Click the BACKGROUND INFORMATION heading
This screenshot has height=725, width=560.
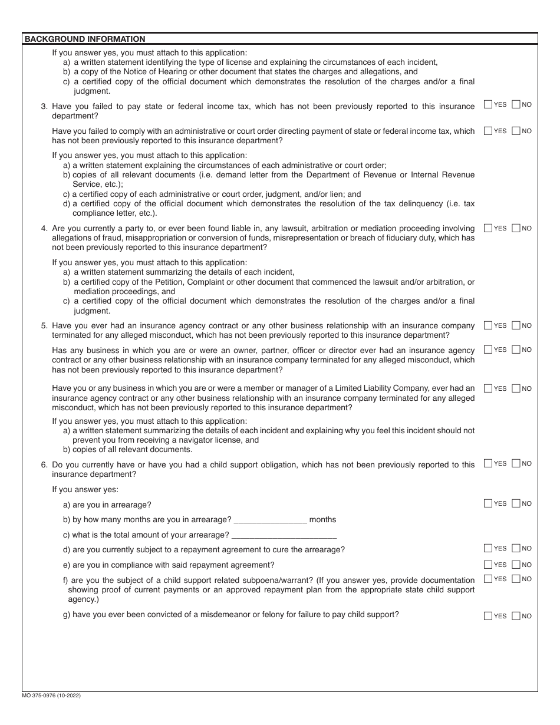click(x=84, y=39)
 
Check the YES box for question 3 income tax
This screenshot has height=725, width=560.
click(x=488, y=104)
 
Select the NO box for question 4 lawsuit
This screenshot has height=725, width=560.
click(x=516, y=228)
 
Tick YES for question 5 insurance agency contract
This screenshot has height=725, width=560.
click(x=488, y=325)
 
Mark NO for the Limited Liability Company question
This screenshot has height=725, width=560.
click(x=516, y=388)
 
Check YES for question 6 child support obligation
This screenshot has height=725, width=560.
click(x=488, y=463)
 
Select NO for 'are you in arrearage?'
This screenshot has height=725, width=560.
click(x=516, y=503)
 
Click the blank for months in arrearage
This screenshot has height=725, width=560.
click(x=270, y=519)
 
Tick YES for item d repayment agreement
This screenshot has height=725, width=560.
click(x=488, y=548)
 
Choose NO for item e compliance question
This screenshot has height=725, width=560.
click(x=516, y=565)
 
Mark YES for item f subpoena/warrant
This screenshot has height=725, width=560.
click(x=488, y=579)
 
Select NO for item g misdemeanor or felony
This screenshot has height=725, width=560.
click(x=516, y=616)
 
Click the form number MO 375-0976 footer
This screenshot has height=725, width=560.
click(x=52, y=696)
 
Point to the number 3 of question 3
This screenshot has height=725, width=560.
click(x=44, y=107)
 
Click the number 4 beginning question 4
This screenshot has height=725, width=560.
click(x=44, y=229)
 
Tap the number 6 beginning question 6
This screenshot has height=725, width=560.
click(x=44, y=465)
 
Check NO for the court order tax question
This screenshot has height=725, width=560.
click(x=516, y=131)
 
